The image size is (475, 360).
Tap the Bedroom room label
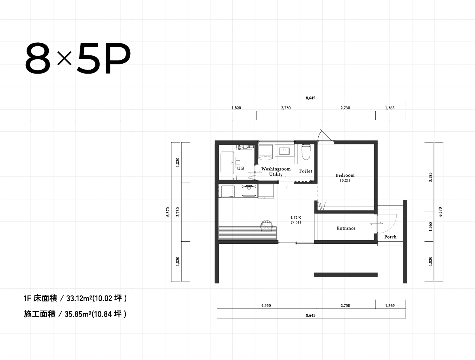pos(345,175)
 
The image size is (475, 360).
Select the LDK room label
pos(296,218)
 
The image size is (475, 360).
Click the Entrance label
pos(346,228)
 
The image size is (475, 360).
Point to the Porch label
pos(390,237)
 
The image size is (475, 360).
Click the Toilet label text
pos(306,171)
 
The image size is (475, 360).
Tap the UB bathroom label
pos(240,169)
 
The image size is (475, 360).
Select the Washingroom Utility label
pos(276,171)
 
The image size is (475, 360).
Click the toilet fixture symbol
pos(306,152)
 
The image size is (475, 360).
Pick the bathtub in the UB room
pos(228,162)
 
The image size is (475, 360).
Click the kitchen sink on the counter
pos(249,191)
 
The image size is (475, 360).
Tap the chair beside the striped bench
pos(266,226)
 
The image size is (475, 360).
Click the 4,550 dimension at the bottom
pos(266,305)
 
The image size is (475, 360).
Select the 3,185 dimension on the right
pos(430,177)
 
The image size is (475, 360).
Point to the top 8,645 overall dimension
pos(311,98)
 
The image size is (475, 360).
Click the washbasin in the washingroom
pos(284,151)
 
